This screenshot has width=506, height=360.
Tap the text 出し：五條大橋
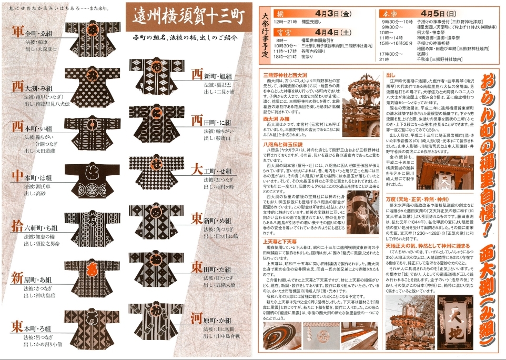coord(223,285)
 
